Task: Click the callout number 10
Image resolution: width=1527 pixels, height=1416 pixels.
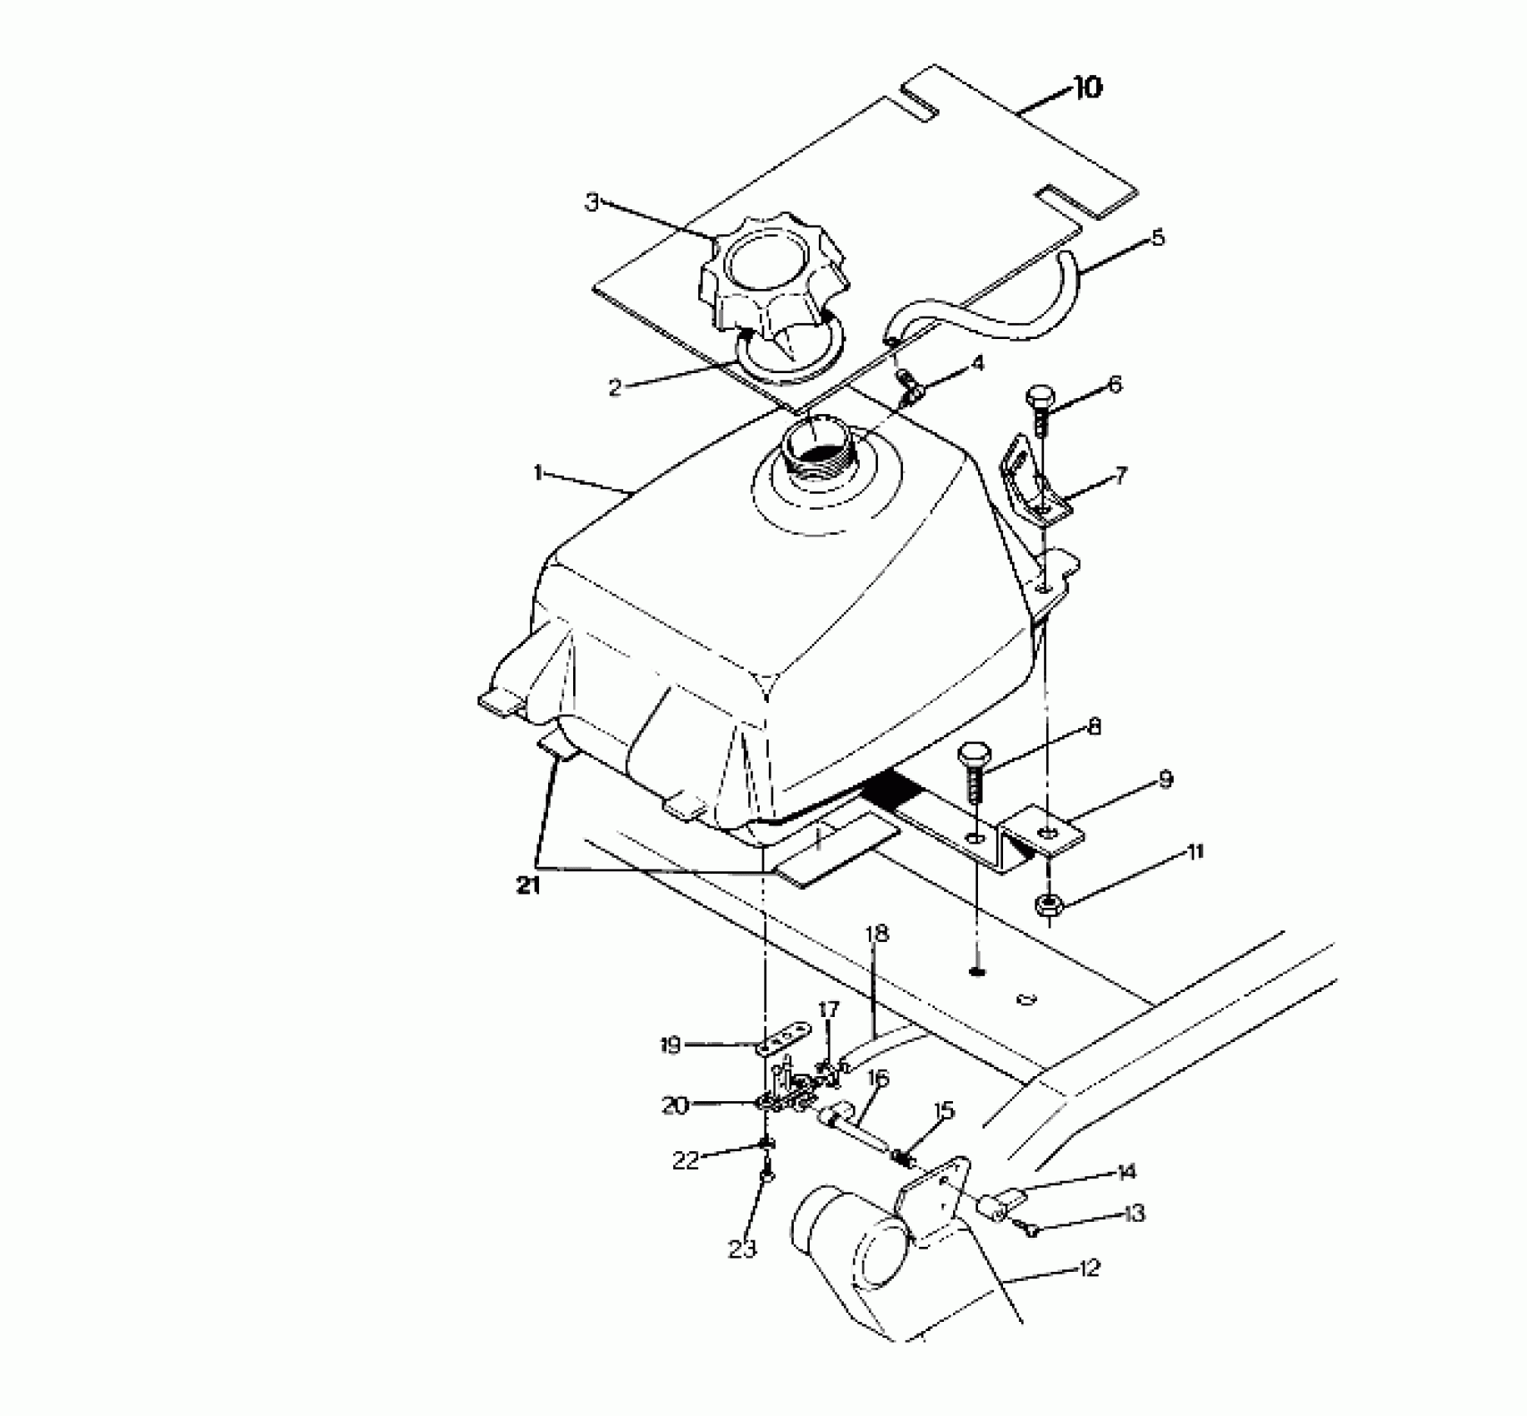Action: (1088, 87)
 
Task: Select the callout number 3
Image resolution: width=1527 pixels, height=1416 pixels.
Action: (592, 202)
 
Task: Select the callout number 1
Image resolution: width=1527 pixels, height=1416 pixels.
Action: (539, 474)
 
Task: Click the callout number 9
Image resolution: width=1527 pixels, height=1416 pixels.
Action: (1165, 780)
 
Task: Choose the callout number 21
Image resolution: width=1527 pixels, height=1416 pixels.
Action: (527, 886)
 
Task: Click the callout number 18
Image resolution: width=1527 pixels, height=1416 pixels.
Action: (876, 934)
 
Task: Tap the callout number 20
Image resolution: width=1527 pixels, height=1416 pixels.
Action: (674, 1106)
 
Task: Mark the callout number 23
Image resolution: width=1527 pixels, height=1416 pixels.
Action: (742, 1249)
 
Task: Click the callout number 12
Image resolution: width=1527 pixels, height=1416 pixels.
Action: (1088, 1269)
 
